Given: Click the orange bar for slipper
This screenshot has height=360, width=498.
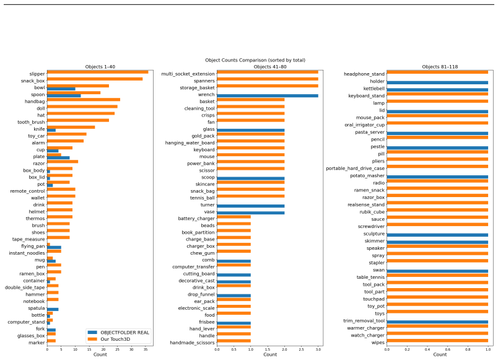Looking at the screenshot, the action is tap(97, 72).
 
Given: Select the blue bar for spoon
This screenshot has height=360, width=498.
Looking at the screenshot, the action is tap(64, 95).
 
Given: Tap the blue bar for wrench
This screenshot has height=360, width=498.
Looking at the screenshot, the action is tap(268, 95).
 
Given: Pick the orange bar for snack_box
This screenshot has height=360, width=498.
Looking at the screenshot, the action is tap(95, 79).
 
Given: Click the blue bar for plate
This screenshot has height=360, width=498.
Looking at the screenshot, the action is tap(58, 157).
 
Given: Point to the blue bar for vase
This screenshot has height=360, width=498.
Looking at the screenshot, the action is tap(251, 213).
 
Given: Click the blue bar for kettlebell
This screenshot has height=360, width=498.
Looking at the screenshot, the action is tap(437, 90).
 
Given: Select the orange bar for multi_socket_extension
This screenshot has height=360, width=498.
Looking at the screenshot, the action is tap(268, 72).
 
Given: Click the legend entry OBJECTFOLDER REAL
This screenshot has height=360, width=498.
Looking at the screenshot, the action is tap(118, 333).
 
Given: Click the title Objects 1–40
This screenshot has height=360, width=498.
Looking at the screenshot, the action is tap(100, 67).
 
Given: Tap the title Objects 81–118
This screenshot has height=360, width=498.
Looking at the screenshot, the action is tap(440, 67).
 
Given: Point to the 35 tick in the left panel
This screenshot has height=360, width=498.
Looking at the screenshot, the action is tap(146, 349).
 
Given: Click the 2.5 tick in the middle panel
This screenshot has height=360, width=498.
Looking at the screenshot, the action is tap(302, 349).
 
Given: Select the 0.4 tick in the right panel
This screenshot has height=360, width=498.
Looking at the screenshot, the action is tap(427, 349).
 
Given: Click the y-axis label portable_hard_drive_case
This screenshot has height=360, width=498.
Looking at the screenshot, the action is tap(355, 169).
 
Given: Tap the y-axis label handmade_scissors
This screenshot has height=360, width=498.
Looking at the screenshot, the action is tap(192, 343).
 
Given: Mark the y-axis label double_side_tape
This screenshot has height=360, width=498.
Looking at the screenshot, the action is tap(25, 288).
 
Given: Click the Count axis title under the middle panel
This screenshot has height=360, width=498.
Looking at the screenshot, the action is tap(270, 354).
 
